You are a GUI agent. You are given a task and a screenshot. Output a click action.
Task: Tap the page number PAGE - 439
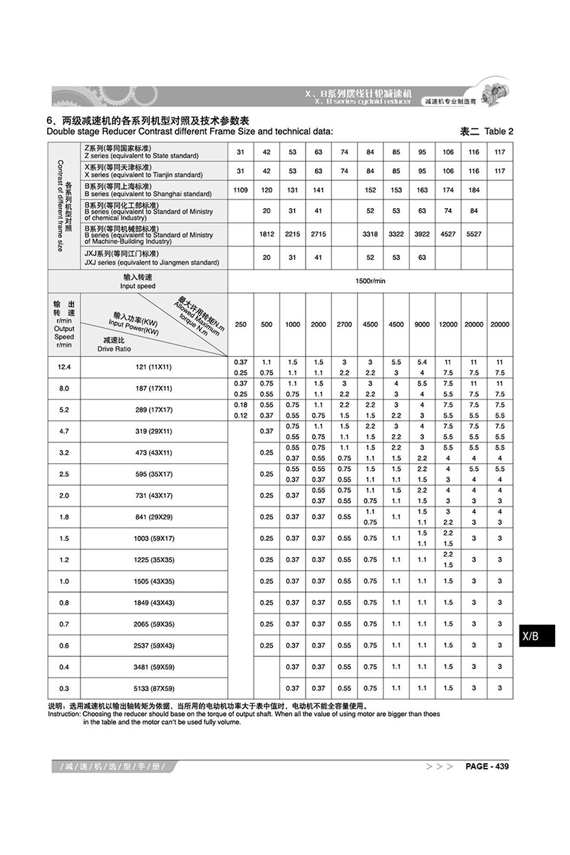[487, 767]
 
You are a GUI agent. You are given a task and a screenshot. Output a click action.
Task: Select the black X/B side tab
[535, 635]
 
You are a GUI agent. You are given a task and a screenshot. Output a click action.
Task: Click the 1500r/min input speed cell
[370, 281]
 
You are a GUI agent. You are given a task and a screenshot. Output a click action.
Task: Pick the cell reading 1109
[240, 190]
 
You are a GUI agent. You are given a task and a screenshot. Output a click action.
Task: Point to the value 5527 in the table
[474, 234]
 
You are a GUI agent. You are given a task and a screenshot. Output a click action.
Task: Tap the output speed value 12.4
[63, 367]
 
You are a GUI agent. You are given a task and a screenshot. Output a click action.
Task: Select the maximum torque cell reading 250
[240, 324]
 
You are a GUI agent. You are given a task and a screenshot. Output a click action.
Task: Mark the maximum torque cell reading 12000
[448, 324]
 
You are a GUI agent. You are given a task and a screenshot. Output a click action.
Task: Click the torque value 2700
[344, 324]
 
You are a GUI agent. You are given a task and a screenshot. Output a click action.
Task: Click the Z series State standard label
[142, 151]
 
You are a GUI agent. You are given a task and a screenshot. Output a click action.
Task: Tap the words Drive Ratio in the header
[114, 349]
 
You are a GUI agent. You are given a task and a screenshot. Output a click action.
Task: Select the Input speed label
[138, 281]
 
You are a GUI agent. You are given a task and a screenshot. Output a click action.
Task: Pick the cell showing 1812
[266, 234]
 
